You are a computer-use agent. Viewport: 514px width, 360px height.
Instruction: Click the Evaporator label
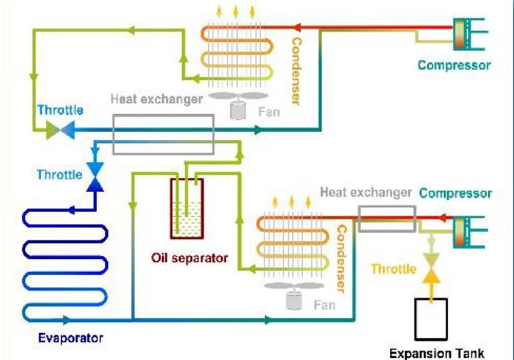click(x=71, y=338)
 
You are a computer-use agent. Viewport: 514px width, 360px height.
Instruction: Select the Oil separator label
click(x=190, y=257)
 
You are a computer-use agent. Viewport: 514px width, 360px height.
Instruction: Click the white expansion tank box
click(x=431, y=318)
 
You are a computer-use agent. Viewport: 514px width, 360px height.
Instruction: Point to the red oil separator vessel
click(x=187, y=208)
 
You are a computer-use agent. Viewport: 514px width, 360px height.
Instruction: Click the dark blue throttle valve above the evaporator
click(x=95, y=175)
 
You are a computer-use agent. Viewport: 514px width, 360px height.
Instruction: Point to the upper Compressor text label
click(x=454, y=65)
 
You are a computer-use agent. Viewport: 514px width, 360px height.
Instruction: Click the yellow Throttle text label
click(x=394, y=269)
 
